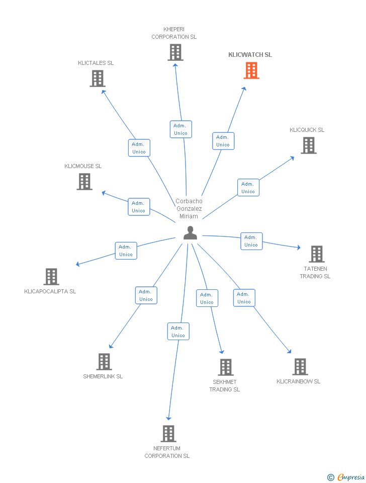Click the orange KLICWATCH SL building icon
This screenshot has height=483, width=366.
(x=251, y=70)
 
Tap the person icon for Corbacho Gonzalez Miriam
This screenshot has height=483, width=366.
(x=190, y=232)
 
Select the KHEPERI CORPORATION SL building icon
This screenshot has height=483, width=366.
(x=175, y=52)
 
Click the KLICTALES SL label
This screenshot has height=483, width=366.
(x=96, y=63)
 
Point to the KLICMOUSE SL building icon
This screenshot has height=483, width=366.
(x=84, y=182)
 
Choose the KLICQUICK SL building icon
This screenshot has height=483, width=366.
(x=308, y=145)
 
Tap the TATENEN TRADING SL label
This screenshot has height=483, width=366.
(x=315, y=272)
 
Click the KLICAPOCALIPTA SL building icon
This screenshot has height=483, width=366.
(x=51, y=277)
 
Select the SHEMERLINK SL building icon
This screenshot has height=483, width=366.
(x=104, y=362)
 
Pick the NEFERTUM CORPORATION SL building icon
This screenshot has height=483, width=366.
(x=168, y=434)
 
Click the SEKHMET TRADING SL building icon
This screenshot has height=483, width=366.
(x=226, y=367)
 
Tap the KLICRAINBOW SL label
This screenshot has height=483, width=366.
(x=298, y=381)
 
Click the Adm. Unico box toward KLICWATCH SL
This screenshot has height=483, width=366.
(x=223, y=141)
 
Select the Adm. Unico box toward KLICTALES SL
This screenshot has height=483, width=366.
(x=139, y=148)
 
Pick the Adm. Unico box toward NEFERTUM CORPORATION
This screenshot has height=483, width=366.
(x=178, y=332)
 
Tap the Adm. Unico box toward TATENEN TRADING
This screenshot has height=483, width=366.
(x=251, y=241)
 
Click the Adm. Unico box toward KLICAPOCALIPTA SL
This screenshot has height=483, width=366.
(x=126, y=251)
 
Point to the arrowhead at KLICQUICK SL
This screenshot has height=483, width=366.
(x=293, y=158)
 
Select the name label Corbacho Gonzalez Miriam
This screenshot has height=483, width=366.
(x=189, y=209)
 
